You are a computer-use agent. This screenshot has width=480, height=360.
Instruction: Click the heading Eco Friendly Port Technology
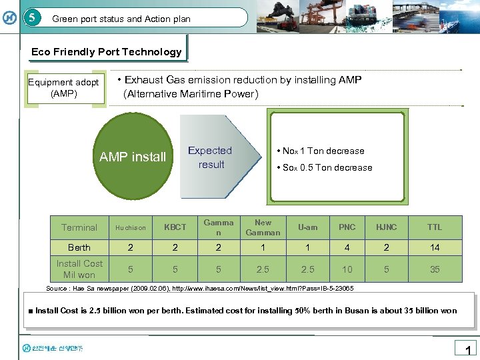(107, 52)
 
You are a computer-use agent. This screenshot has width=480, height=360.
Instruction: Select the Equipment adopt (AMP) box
(64, 88)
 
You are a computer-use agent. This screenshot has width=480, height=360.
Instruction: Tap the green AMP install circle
(132, 157)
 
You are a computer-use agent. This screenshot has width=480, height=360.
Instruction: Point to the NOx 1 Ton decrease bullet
(323, 151)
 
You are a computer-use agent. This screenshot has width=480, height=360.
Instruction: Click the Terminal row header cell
(79, 227)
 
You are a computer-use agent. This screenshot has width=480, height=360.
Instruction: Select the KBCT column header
(175, 227)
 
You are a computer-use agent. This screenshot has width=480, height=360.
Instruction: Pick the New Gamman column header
(263, 227)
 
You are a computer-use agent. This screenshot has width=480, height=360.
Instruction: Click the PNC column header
(347, 227)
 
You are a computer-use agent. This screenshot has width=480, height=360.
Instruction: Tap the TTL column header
(435, 227)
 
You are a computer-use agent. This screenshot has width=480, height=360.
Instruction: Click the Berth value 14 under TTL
(435, 247)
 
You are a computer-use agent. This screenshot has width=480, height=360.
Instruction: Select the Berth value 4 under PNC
(347, 247)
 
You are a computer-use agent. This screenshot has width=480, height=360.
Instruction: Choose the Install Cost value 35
(435, 269)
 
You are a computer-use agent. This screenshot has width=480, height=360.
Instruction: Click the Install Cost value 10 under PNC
(347, 269)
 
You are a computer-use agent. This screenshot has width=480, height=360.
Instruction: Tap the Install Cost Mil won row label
(79, 269)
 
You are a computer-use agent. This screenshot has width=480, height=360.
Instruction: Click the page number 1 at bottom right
(467, 350)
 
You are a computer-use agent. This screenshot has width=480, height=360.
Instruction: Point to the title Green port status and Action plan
(121, 19)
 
